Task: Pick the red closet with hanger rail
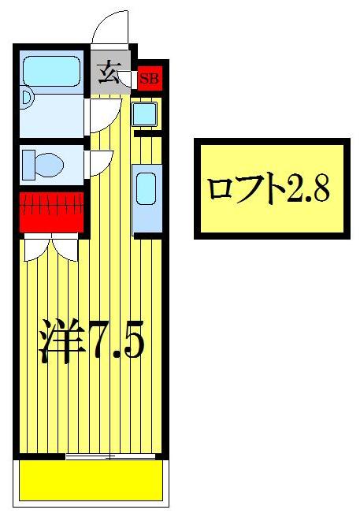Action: tap(51, 211)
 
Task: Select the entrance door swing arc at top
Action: tap(110, 28)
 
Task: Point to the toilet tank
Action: tap(28, 166)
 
